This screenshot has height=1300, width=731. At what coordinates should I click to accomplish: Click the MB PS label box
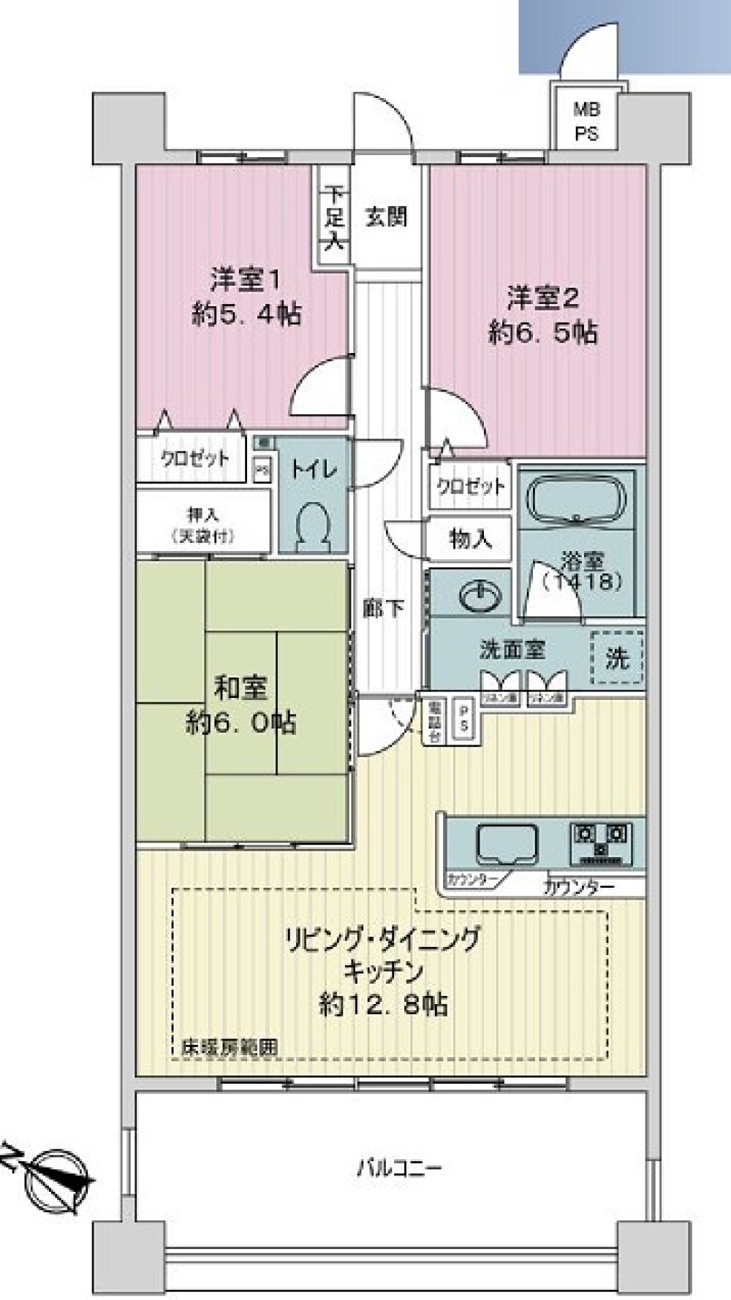click(x=586, y=121)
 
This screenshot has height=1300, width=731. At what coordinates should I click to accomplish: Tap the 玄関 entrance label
click(x=386, y=217)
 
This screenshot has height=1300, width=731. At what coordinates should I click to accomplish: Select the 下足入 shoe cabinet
click(x=334, y=218)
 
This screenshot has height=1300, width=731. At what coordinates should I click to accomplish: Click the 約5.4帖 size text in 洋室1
click(x=247, y=314)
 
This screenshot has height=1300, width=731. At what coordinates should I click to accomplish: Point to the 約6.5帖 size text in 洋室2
click(x=542, y=332)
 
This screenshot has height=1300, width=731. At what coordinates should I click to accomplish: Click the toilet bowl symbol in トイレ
click(x=313, y=524)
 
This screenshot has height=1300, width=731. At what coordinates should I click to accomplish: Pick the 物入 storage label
click(x=470, y=539)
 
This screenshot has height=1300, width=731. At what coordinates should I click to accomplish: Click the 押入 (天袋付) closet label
click(x=203, y=525)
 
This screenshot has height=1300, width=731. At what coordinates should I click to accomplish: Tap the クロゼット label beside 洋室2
click(x=470, y=486)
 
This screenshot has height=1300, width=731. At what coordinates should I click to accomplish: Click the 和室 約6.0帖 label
click(x=241, y=706)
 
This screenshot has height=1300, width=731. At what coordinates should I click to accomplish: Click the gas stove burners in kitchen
click(x=600, y=840)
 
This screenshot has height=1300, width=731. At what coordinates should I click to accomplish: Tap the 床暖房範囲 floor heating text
click(x=230, y=1046)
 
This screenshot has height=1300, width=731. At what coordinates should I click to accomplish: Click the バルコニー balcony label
click(x=399, y=1167)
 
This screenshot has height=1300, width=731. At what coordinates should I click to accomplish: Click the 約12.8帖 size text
click(x=384, y=1005)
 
